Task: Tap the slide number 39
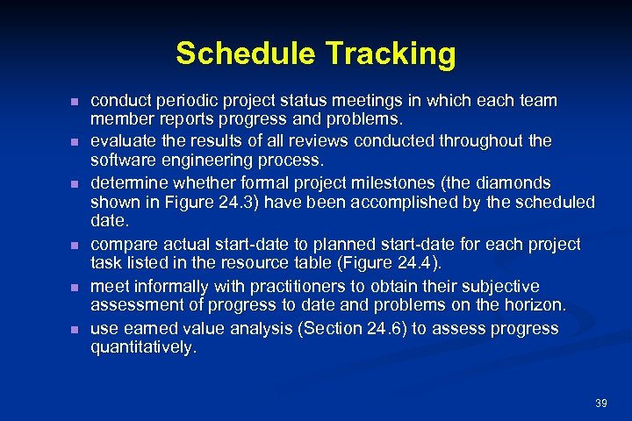click(600, 403)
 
